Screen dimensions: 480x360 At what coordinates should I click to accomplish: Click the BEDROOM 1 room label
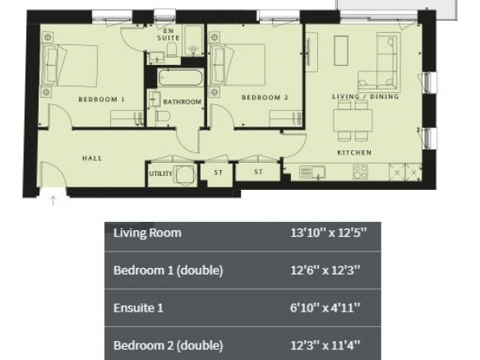(101, 99)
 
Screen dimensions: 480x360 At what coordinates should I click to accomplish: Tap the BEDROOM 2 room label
(265, 97)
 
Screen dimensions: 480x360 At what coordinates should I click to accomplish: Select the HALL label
(92, 159)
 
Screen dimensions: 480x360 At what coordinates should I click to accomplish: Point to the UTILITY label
(161, 173)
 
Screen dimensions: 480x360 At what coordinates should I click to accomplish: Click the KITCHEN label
(354, 152)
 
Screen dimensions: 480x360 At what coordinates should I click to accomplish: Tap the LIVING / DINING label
(366, 96)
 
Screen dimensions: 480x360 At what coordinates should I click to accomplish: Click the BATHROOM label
(182, 102)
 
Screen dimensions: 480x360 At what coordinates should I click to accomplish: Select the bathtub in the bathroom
(181, 77)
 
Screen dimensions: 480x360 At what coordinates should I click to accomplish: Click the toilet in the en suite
(172, 49)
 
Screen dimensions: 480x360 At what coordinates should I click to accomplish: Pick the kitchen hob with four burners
(360, 172)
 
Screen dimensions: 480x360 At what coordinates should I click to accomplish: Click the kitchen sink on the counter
(312, 172)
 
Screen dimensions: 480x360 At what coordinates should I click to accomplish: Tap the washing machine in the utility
(185, 174)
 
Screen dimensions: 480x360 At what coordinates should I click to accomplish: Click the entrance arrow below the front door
(53, 201)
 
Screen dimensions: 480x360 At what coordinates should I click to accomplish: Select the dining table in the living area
(353, 120)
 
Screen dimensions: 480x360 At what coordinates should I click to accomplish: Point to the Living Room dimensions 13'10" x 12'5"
(328, 233)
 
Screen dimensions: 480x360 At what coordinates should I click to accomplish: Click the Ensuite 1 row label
(138, 308)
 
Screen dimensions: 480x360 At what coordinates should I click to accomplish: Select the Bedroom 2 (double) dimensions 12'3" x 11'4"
(325, 345)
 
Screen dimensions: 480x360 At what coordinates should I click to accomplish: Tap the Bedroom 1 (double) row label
(168, 270)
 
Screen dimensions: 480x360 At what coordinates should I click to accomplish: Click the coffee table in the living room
(341, 50)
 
